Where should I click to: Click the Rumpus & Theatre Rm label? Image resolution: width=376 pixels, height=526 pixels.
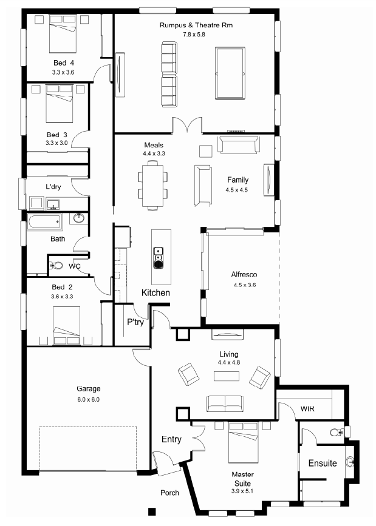[x=196, y=25]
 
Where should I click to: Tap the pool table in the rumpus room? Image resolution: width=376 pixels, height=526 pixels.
[x=230, y=73]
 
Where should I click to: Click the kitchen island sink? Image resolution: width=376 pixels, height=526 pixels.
[x=158, y=258]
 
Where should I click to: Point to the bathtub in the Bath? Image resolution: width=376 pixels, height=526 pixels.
[x=45, y=221]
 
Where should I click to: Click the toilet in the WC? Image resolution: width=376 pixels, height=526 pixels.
[x=56, y=266]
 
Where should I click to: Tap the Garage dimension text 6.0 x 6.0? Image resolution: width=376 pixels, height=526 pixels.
[x=89, y=400]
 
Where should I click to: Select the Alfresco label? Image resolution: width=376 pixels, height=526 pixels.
[x=244, y=274]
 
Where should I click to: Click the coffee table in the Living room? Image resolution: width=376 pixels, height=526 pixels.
[x=227, y=376]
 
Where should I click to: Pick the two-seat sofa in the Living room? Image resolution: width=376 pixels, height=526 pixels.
[x=225, y=404]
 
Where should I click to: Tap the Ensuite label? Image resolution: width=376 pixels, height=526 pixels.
[x=323, y=464]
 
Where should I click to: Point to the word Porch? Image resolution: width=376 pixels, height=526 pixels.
[x=169, y=493]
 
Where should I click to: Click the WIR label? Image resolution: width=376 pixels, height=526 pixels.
[x=307, y=408]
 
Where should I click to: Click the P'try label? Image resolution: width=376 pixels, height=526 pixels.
[x=135, y=322]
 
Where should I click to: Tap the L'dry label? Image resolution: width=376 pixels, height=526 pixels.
[x=53, y=186]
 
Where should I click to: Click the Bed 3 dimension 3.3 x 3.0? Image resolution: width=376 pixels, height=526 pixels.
[x=56, y=143]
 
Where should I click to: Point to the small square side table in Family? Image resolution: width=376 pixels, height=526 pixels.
[x=206, y=151]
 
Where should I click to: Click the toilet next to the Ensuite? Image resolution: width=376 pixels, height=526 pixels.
[x=337, y=433]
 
